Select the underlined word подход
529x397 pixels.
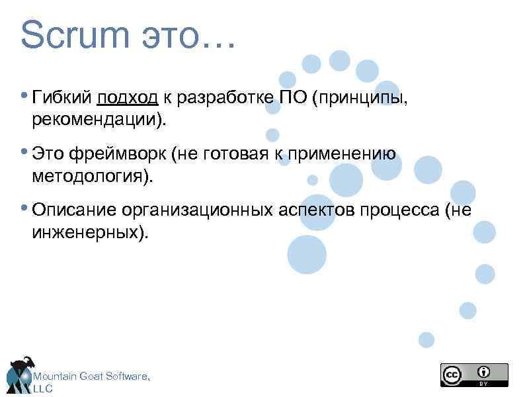pos(127,99)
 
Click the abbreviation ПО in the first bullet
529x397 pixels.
pos(294,99)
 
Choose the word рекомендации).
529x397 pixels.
pos(99,120)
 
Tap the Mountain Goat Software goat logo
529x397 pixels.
pos(20,374)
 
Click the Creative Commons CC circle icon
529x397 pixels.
pos(452,375)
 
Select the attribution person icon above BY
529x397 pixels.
pos(485,371)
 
